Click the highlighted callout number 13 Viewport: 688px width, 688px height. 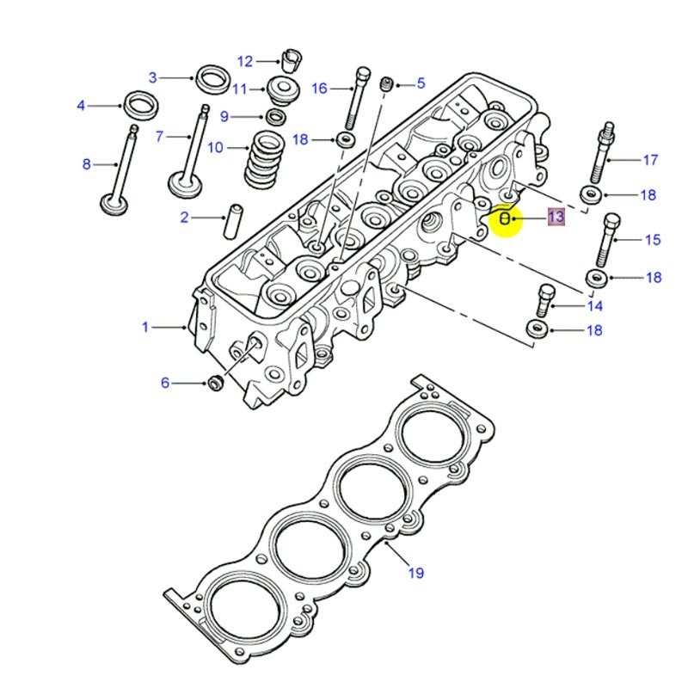[556, 217]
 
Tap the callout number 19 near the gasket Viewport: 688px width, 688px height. [415, 572]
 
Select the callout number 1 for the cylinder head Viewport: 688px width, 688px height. [145, 327]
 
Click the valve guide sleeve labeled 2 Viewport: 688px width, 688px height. [231, 221]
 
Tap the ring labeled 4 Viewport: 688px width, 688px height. [140, 106]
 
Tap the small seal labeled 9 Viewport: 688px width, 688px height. [276, 117]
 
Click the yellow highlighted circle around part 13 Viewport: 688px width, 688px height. [506, 220]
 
